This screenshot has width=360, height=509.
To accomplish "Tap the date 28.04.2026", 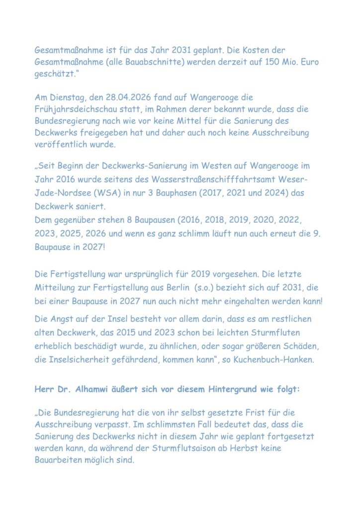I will click(126, 97).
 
